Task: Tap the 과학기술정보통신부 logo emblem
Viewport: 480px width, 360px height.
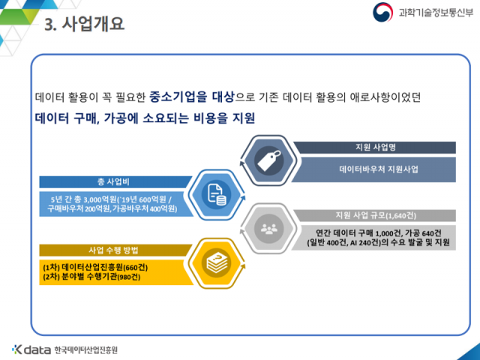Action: click(x=382, y=12)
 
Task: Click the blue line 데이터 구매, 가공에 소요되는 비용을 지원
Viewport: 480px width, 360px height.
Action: click(x=145, y=118)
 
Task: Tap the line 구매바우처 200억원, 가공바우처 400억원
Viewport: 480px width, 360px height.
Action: click(x=111, y=209)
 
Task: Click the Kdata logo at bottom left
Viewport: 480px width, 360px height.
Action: click(x=31, y=349)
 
